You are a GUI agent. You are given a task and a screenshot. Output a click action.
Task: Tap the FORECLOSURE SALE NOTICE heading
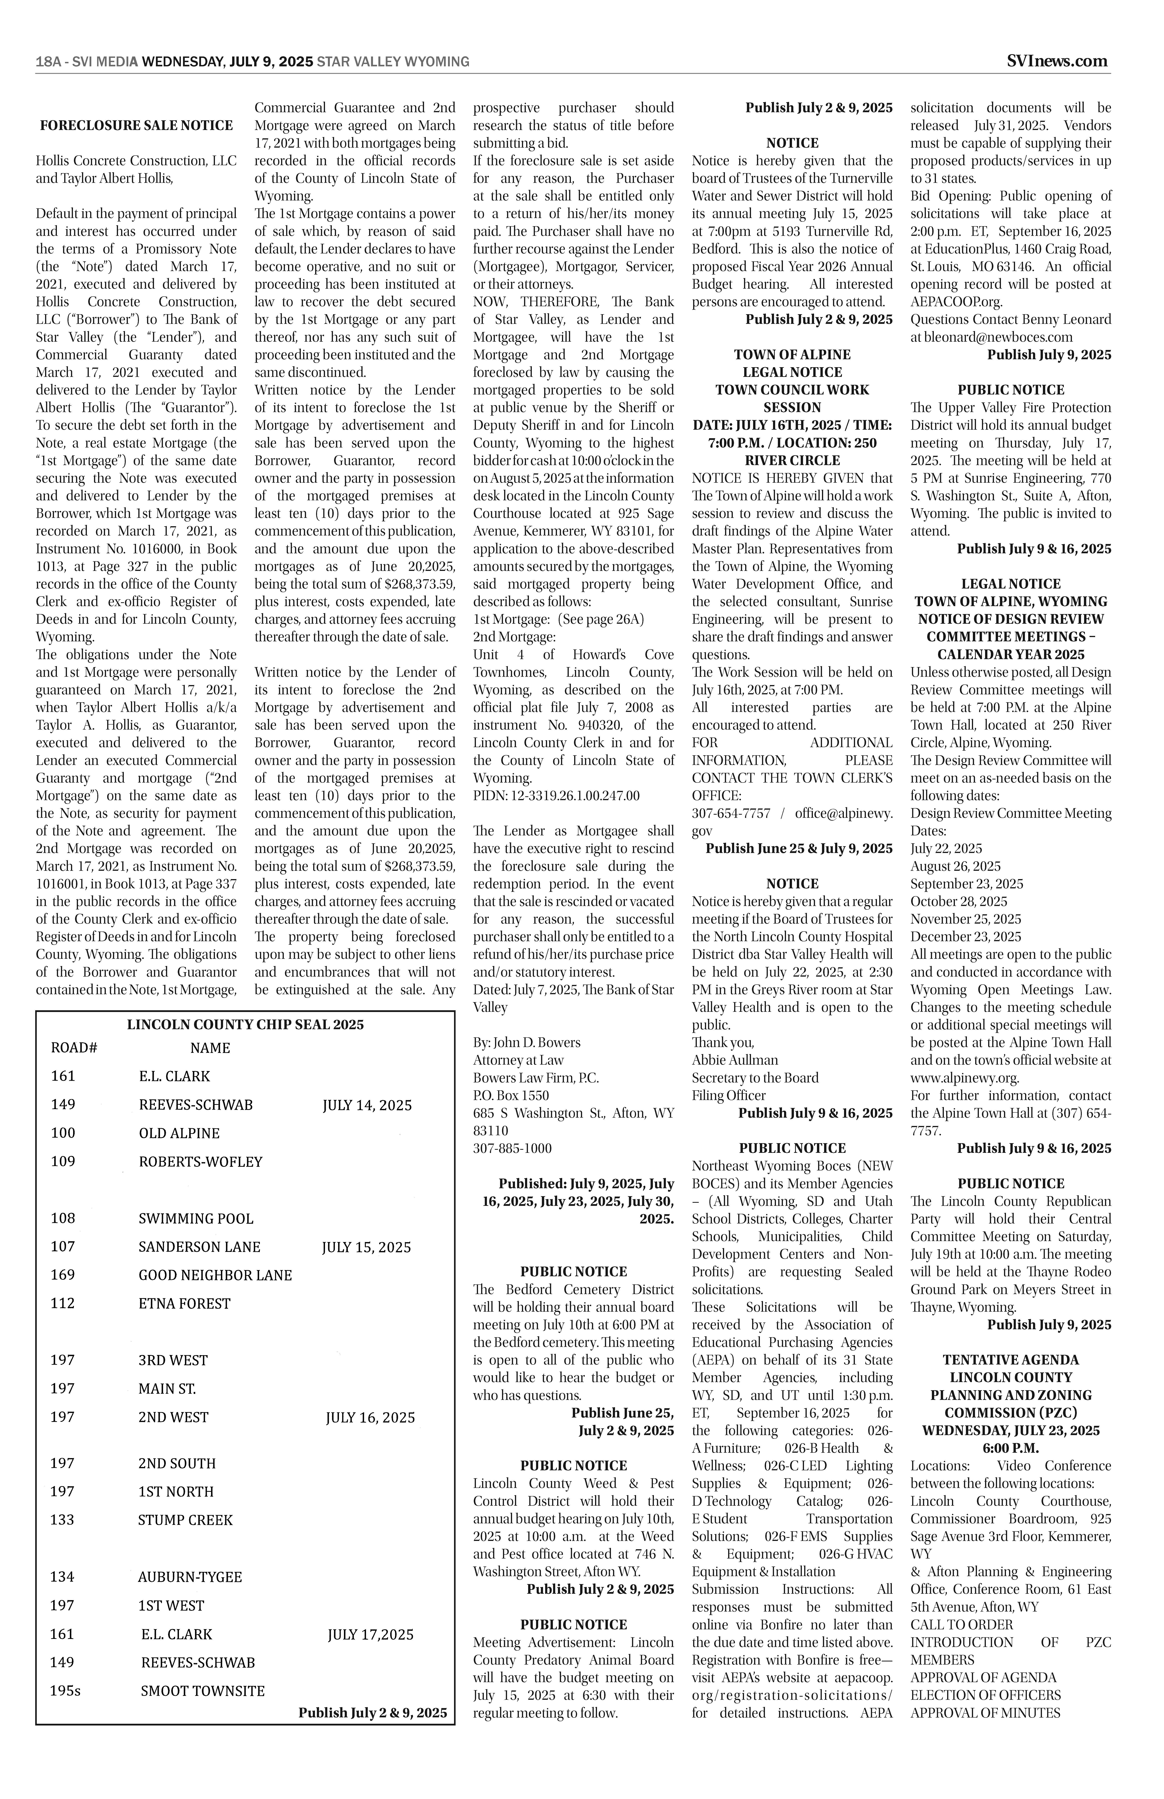[137, 126]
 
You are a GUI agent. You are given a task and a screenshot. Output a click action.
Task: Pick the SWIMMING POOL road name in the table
[196, 1218]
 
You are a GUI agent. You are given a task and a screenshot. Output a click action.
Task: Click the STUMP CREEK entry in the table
[185, 1520]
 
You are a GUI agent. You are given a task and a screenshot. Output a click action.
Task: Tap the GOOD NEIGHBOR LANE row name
[215, 1275]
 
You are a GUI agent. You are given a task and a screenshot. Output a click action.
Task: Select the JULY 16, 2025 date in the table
[370, 1417]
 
